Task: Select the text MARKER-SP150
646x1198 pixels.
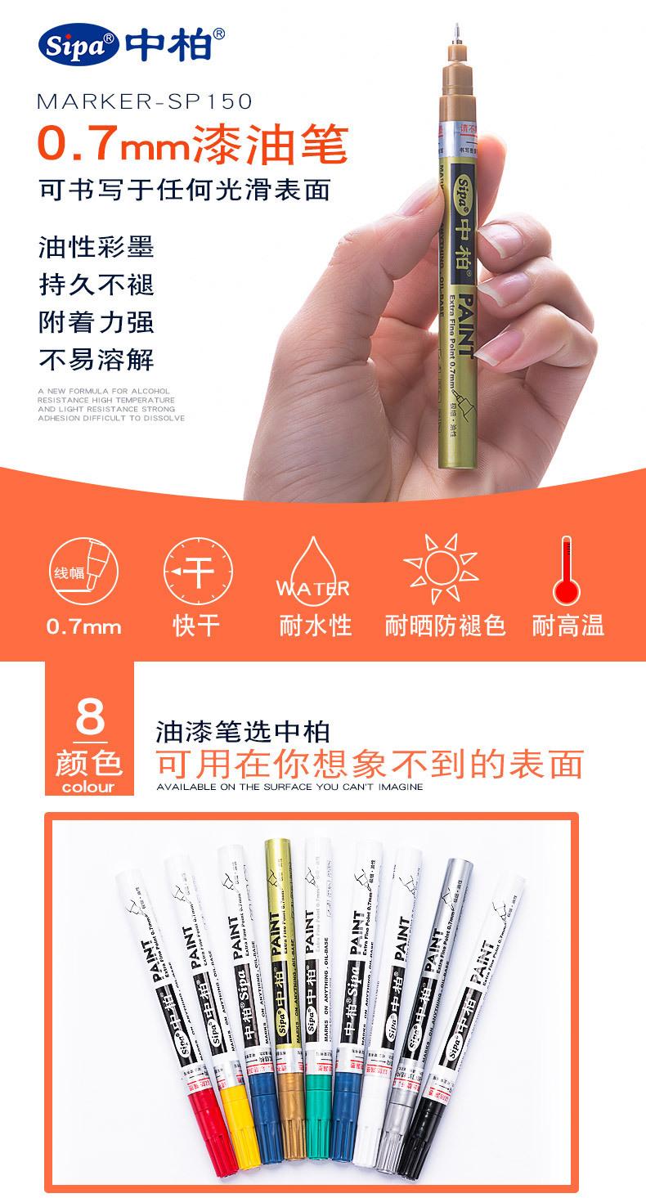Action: coord(145,101)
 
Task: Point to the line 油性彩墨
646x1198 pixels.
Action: coord(96,248)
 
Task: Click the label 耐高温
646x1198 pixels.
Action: coord(568,626)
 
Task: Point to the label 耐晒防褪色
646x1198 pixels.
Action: coord(446,626)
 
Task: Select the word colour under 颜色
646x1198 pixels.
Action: coord(88,787)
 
